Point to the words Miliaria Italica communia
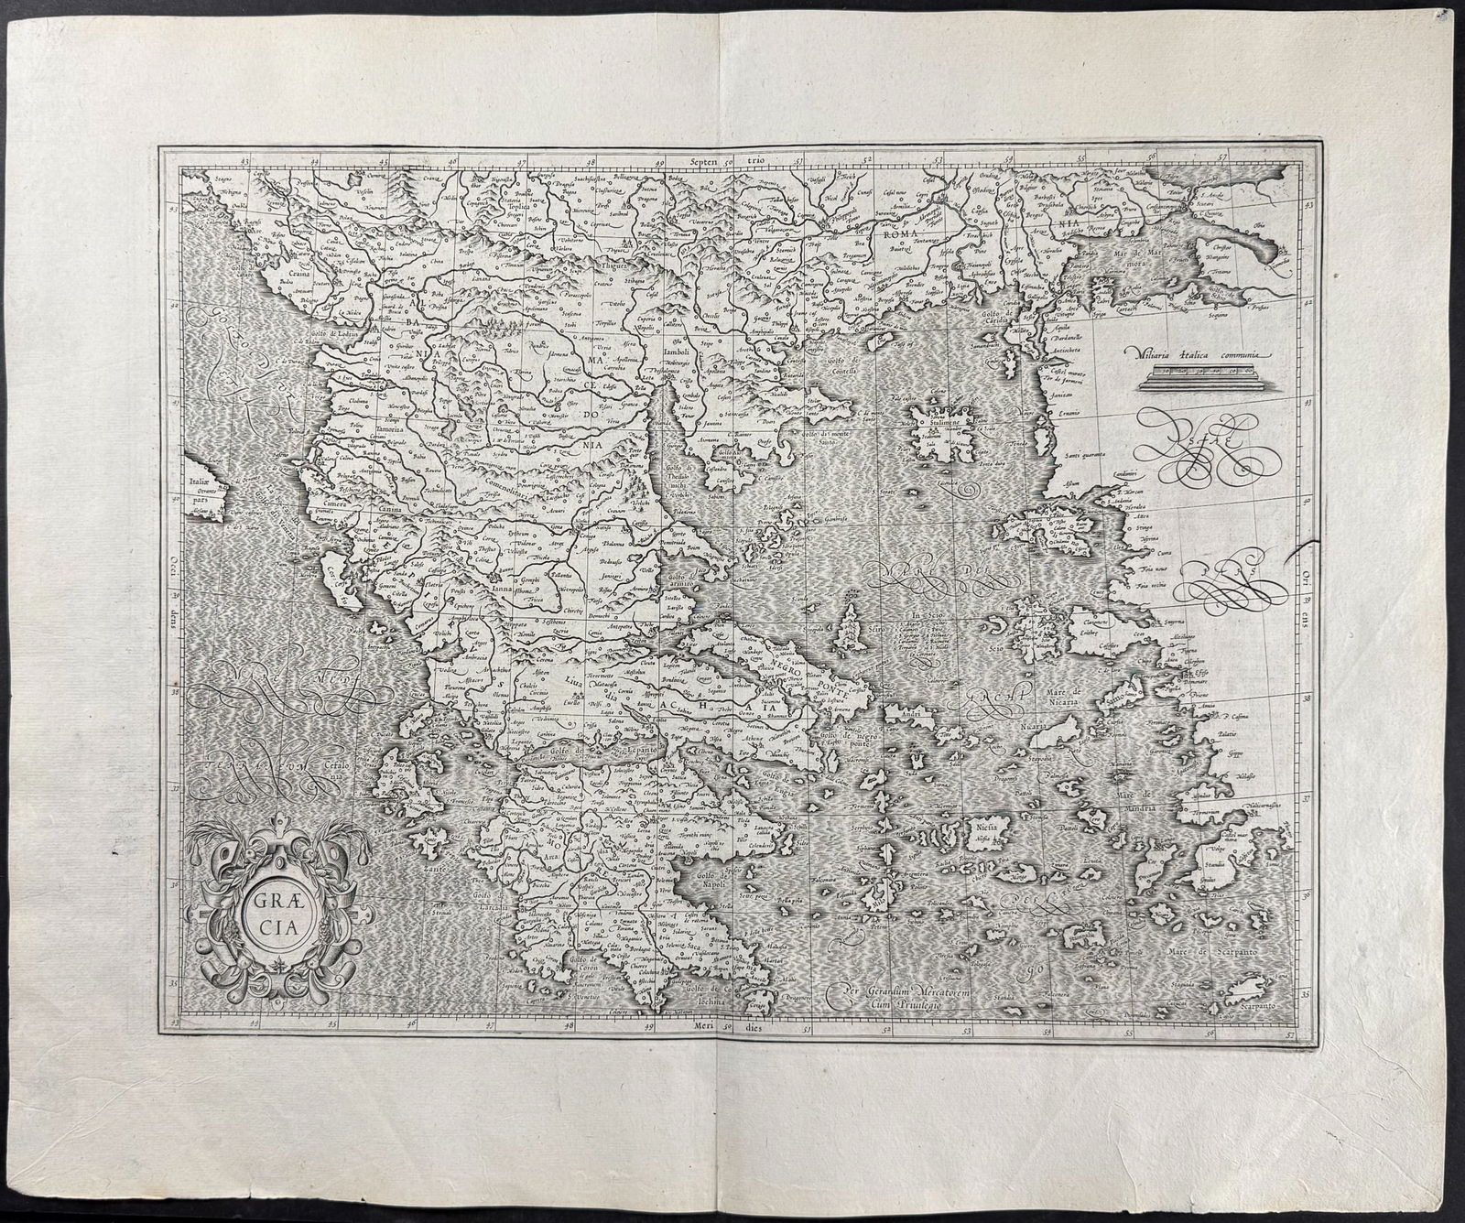[1200, 352]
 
